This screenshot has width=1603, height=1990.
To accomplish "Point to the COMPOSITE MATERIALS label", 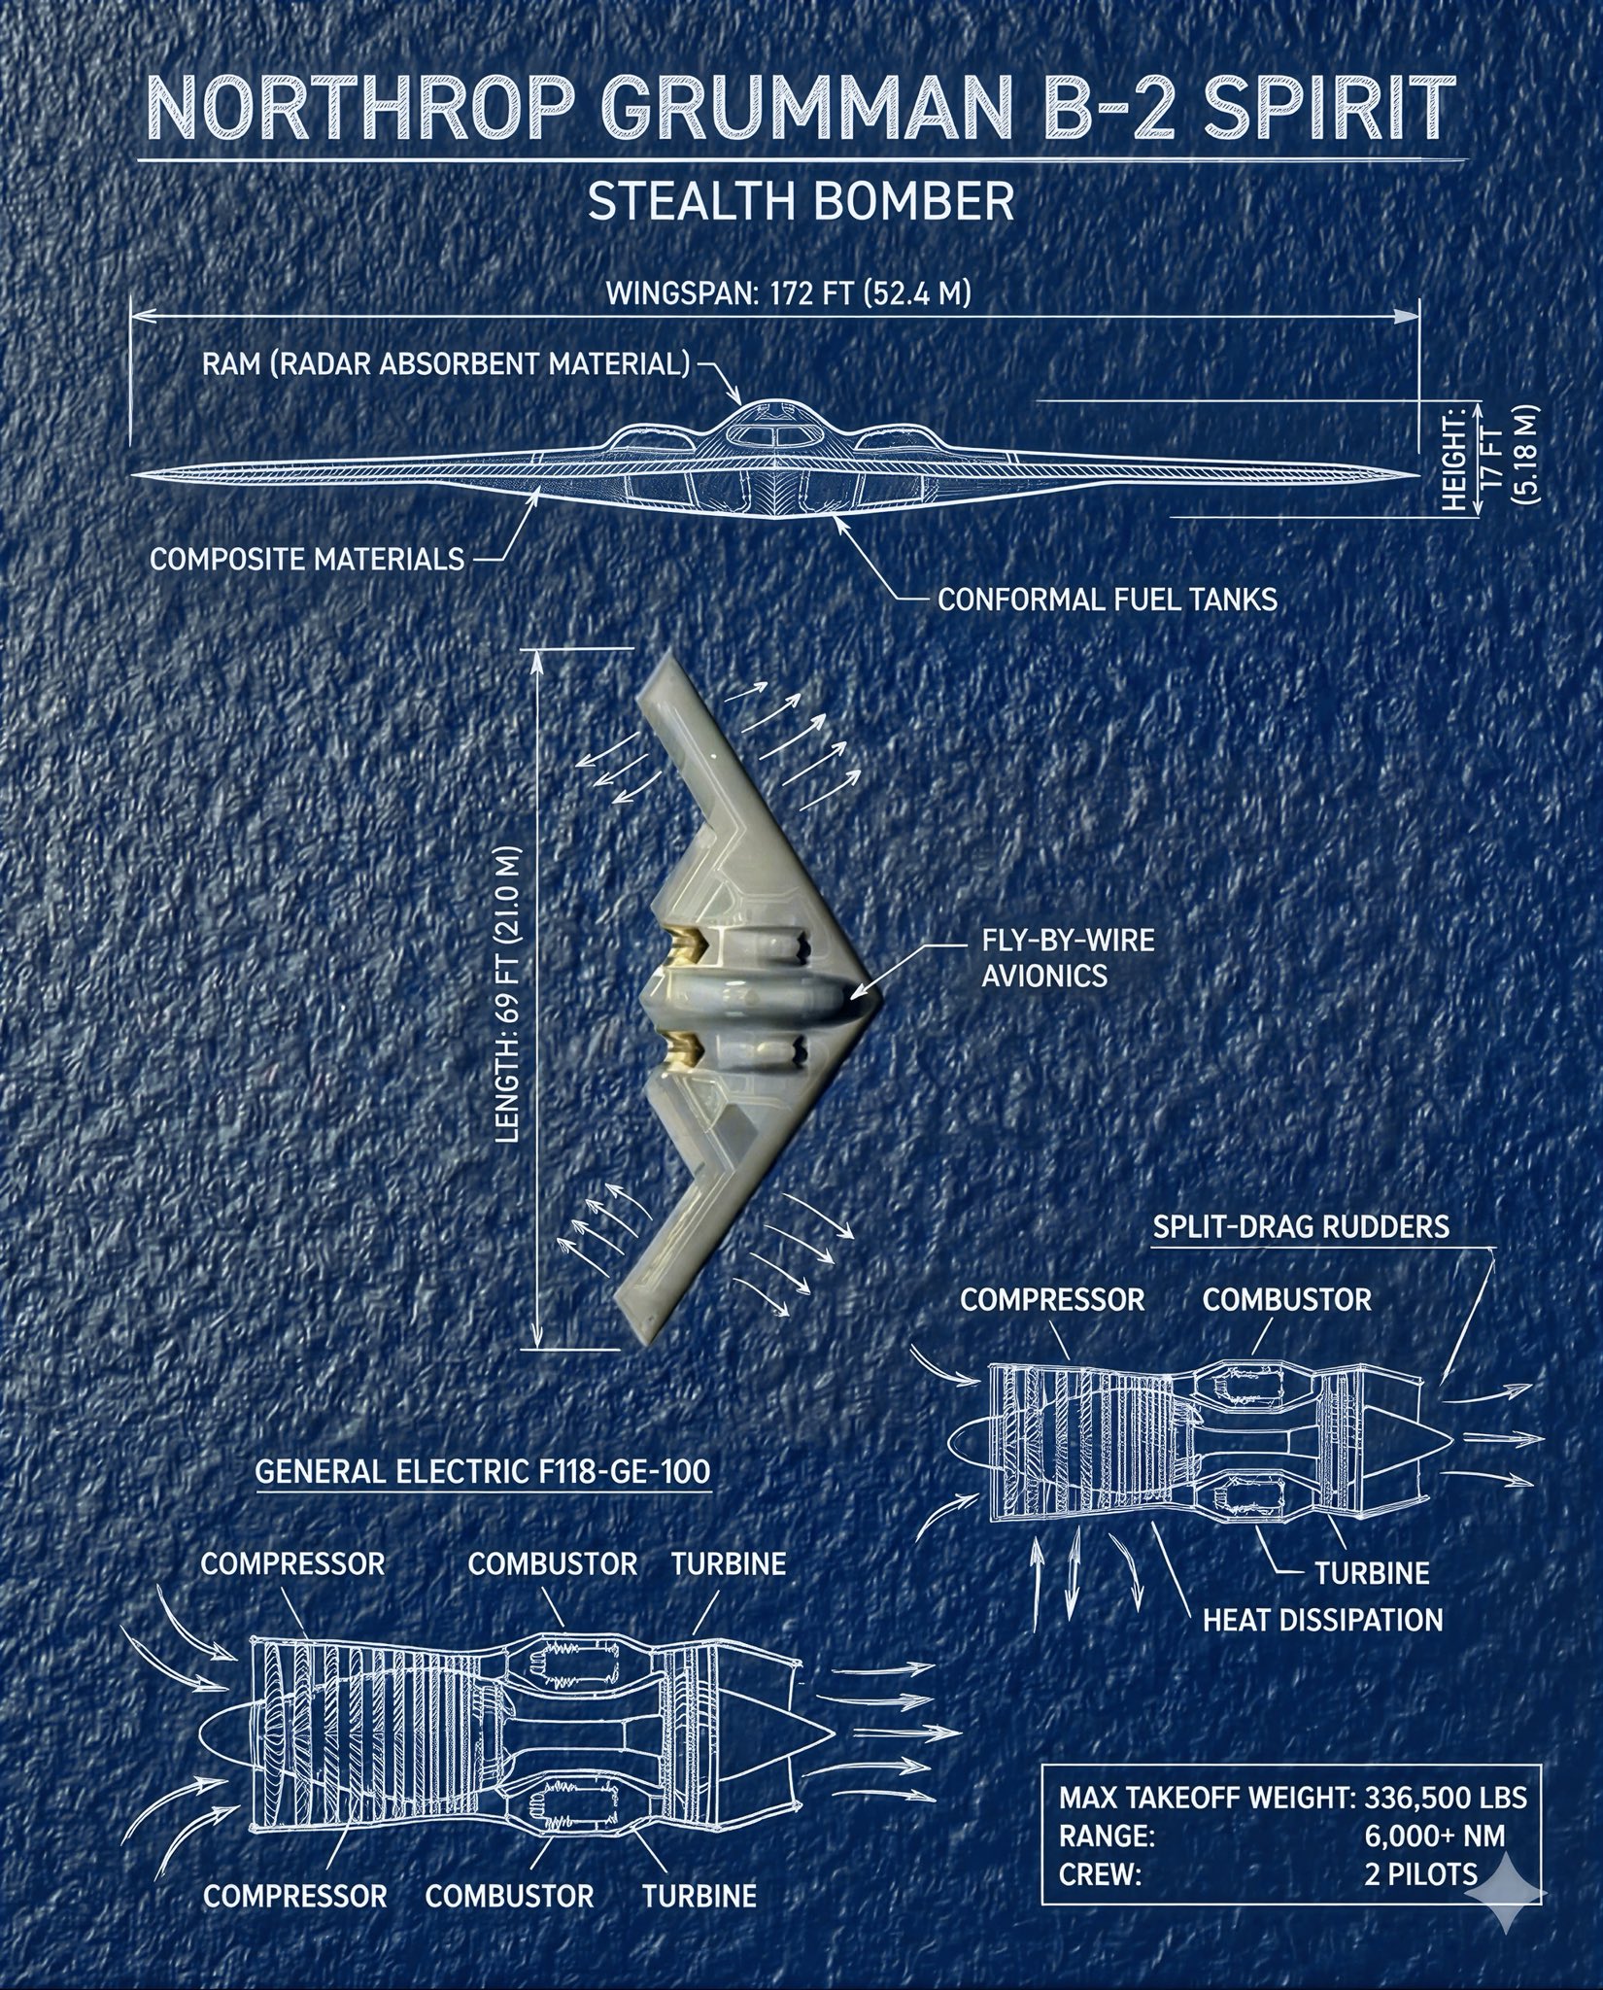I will coord(307,560).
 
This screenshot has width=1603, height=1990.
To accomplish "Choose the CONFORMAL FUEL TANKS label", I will coord(1107,599).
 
